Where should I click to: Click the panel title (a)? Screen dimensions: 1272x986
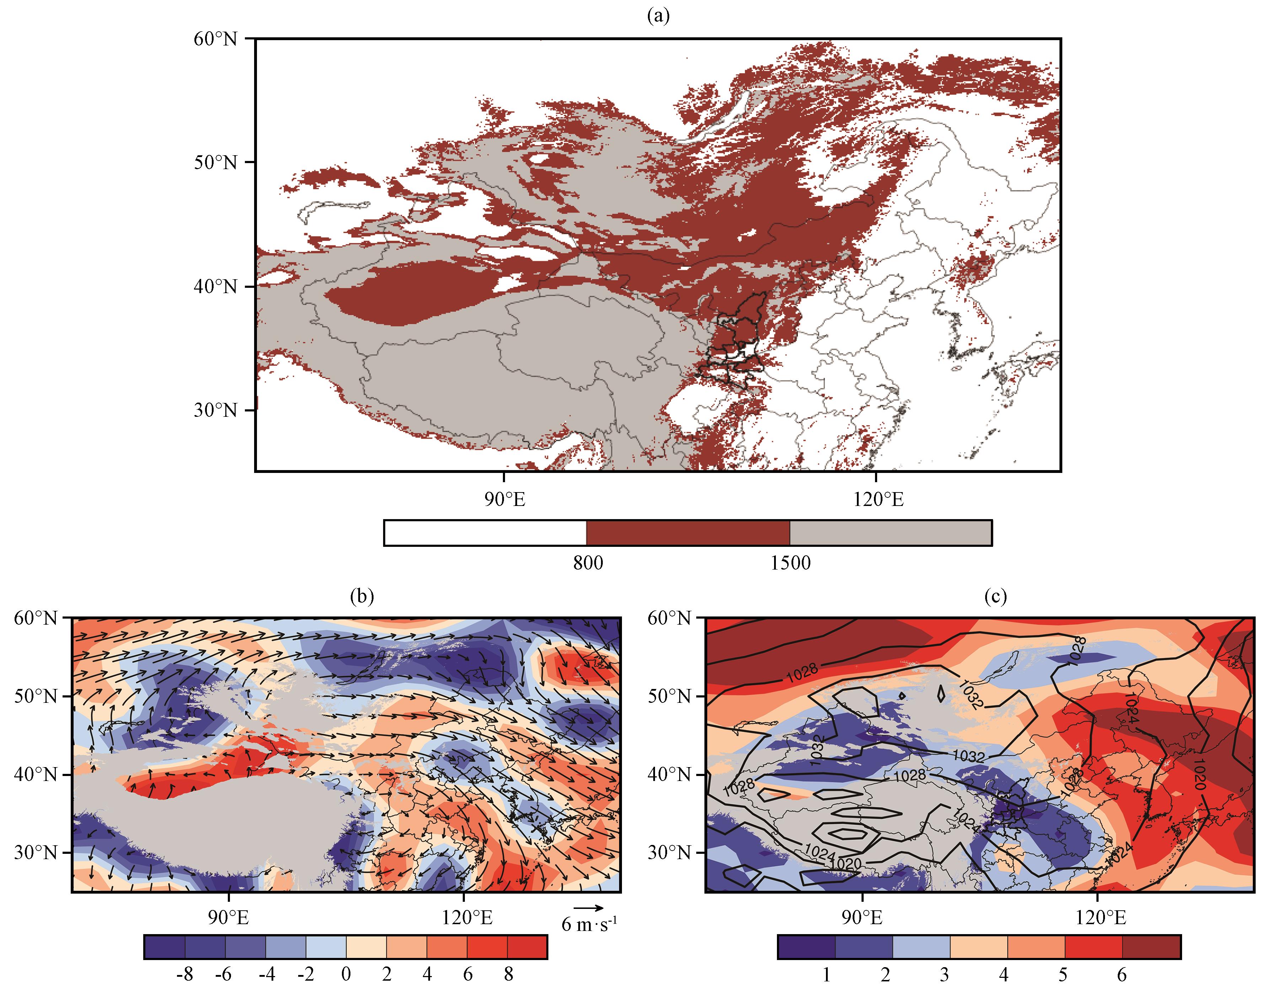click(x=658, y=16)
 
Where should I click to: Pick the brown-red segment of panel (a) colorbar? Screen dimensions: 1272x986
click(x=688, y=533)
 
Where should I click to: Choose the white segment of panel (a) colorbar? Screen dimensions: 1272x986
click(x=485, y=533)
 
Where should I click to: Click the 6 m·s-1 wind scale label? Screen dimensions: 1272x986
click(x=589, y=924)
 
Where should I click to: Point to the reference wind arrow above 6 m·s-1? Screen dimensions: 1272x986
click(x=588, y=907)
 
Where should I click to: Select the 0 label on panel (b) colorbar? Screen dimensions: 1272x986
click(x=346, y=974)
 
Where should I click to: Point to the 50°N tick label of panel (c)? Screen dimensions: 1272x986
click(x=670, y=696)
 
